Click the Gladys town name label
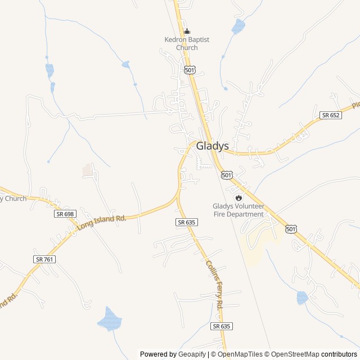pyautogui.click(x=213, y=146)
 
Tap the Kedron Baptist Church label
pyautogui.click(x=187, y=43)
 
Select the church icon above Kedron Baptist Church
pyautogui.click(x=187, y=31)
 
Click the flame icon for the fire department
pyautogui.click(x=238, y=197)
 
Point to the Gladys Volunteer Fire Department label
pyautogui.click(x=238, y=210)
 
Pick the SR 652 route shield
pyautogui.click(x=330, y=115)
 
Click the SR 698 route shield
pyautogui.click(x=65, y=214)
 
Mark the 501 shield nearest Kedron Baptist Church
pyautogui.click(x=189, y=70)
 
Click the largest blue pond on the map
pyautogui.click(x=110, y=319)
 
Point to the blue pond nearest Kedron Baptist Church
pyautogui.click(x=238, y=26)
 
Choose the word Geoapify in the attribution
pyautogui.click(x=192, y=354)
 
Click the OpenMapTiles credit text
pyautogui.click(x=240, y=354)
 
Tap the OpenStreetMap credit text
pyautogui.click(x=293, y=354)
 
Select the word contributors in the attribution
pyautogui.click(x=339, y=354)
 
